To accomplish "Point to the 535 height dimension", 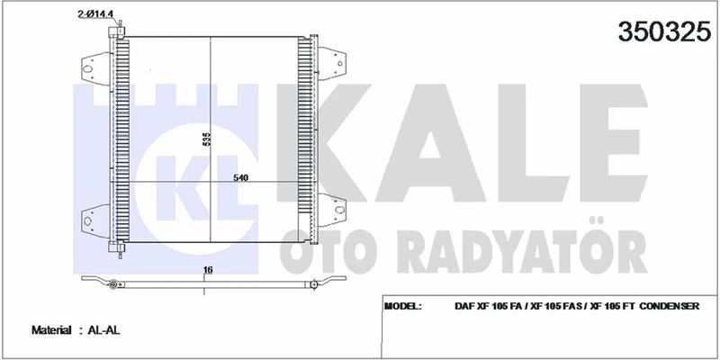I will (206, 139).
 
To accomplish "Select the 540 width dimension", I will (240, 177).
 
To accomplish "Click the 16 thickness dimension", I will (207, 269).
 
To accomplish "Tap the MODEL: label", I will (402, 306).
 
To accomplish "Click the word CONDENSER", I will (668, 306).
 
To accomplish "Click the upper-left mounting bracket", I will (93, 66).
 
